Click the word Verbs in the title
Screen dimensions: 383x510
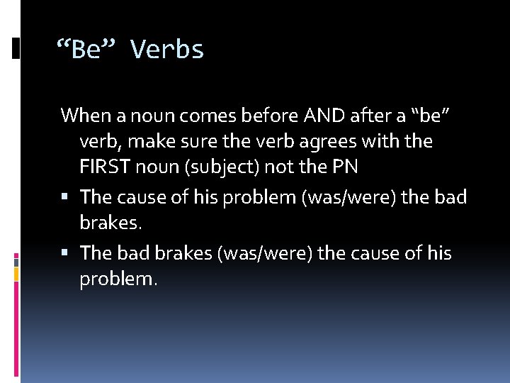[x=168, y=50]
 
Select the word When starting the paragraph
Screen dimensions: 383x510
[x=81, y=114]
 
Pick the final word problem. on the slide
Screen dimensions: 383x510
[x=118, y=280]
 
